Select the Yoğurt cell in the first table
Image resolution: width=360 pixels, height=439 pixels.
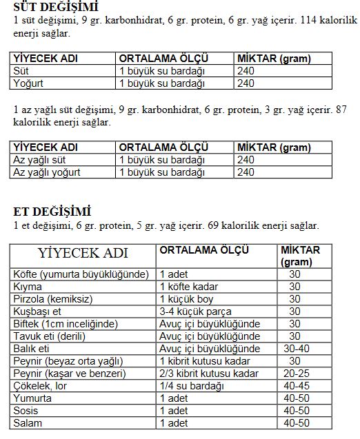tap(28, 83)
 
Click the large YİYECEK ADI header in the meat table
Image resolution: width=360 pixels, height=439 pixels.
tap(83, 253)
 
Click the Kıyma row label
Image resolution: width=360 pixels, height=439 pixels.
tap(28, 287)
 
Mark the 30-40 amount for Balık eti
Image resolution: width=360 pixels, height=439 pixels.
tap(295, 349)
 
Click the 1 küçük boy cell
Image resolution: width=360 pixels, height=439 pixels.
tap(187, 299)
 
